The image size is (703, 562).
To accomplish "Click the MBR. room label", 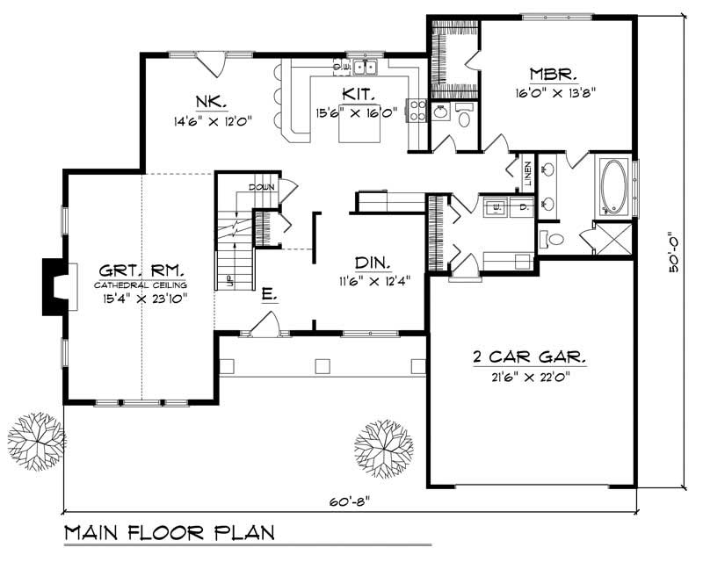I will coord(551,74).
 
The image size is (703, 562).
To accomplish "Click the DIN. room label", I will coord(373,263).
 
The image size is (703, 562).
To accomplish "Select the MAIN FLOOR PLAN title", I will coord(167,532).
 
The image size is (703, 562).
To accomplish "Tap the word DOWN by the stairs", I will coord(262,188).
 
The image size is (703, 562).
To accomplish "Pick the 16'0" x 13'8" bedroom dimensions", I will coord(562,91).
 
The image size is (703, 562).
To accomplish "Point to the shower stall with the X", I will coord(613,239).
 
